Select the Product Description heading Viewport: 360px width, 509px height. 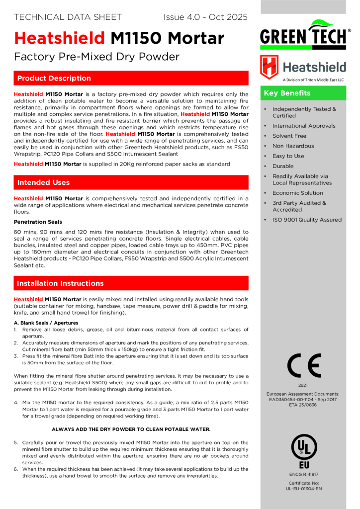tap(54, 78)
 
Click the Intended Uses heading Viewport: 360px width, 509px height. tap(43, 182)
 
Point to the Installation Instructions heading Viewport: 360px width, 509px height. tap(60, 283)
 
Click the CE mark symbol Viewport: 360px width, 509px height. tap(304, 367)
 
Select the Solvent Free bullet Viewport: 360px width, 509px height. tap(289, 136)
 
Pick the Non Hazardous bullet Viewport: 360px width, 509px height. tap(293, 146)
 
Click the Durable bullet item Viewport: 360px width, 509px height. tap(283, 166)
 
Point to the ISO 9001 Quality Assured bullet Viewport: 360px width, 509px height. tap(307, 220)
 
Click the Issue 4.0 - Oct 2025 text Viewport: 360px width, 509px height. tap(205, 17)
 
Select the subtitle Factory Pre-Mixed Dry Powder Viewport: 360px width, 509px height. tap(96, 57)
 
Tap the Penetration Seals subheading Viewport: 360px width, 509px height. tap(38, 222)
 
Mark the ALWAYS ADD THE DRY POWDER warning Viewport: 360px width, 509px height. tap(131, 429)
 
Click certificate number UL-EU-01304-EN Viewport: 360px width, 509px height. tap(303, 489)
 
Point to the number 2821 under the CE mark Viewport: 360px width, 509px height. tap(303, 385)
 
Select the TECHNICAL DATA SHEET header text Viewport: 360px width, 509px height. tap(68, 17)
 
